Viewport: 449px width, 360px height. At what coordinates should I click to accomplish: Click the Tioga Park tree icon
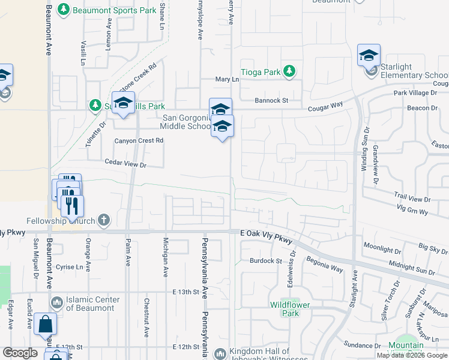[289, 72]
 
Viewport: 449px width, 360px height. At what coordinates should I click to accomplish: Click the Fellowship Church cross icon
[104, 220]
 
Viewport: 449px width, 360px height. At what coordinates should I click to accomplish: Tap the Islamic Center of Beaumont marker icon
[58, 301]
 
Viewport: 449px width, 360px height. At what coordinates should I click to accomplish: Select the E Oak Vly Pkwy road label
[267, 238]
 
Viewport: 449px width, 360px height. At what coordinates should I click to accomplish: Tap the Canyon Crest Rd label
[139, 141]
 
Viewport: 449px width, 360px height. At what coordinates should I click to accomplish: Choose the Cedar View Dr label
[125, 163]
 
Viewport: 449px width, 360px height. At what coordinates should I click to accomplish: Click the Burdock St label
[266, 261]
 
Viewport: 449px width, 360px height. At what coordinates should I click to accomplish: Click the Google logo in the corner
[20, 353]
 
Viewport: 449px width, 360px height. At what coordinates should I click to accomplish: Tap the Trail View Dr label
[412, 199]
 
